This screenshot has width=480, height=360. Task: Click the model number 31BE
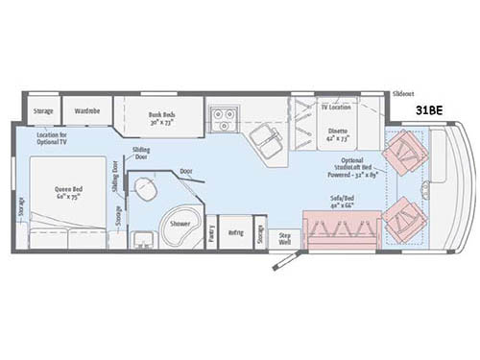click(428, 110)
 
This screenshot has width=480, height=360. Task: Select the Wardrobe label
click(87, 111)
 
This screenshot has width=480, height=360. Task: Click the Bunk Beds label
click(161, 118)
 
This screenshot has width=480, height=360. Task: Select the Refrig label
click(236, 232)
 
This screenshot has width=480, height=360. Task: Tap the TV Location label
click(336, 108)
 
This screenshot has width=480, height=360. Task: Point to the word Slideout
click(403, 95)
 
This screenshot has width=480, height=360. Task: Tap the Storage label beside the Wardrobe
click(43, 111)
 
